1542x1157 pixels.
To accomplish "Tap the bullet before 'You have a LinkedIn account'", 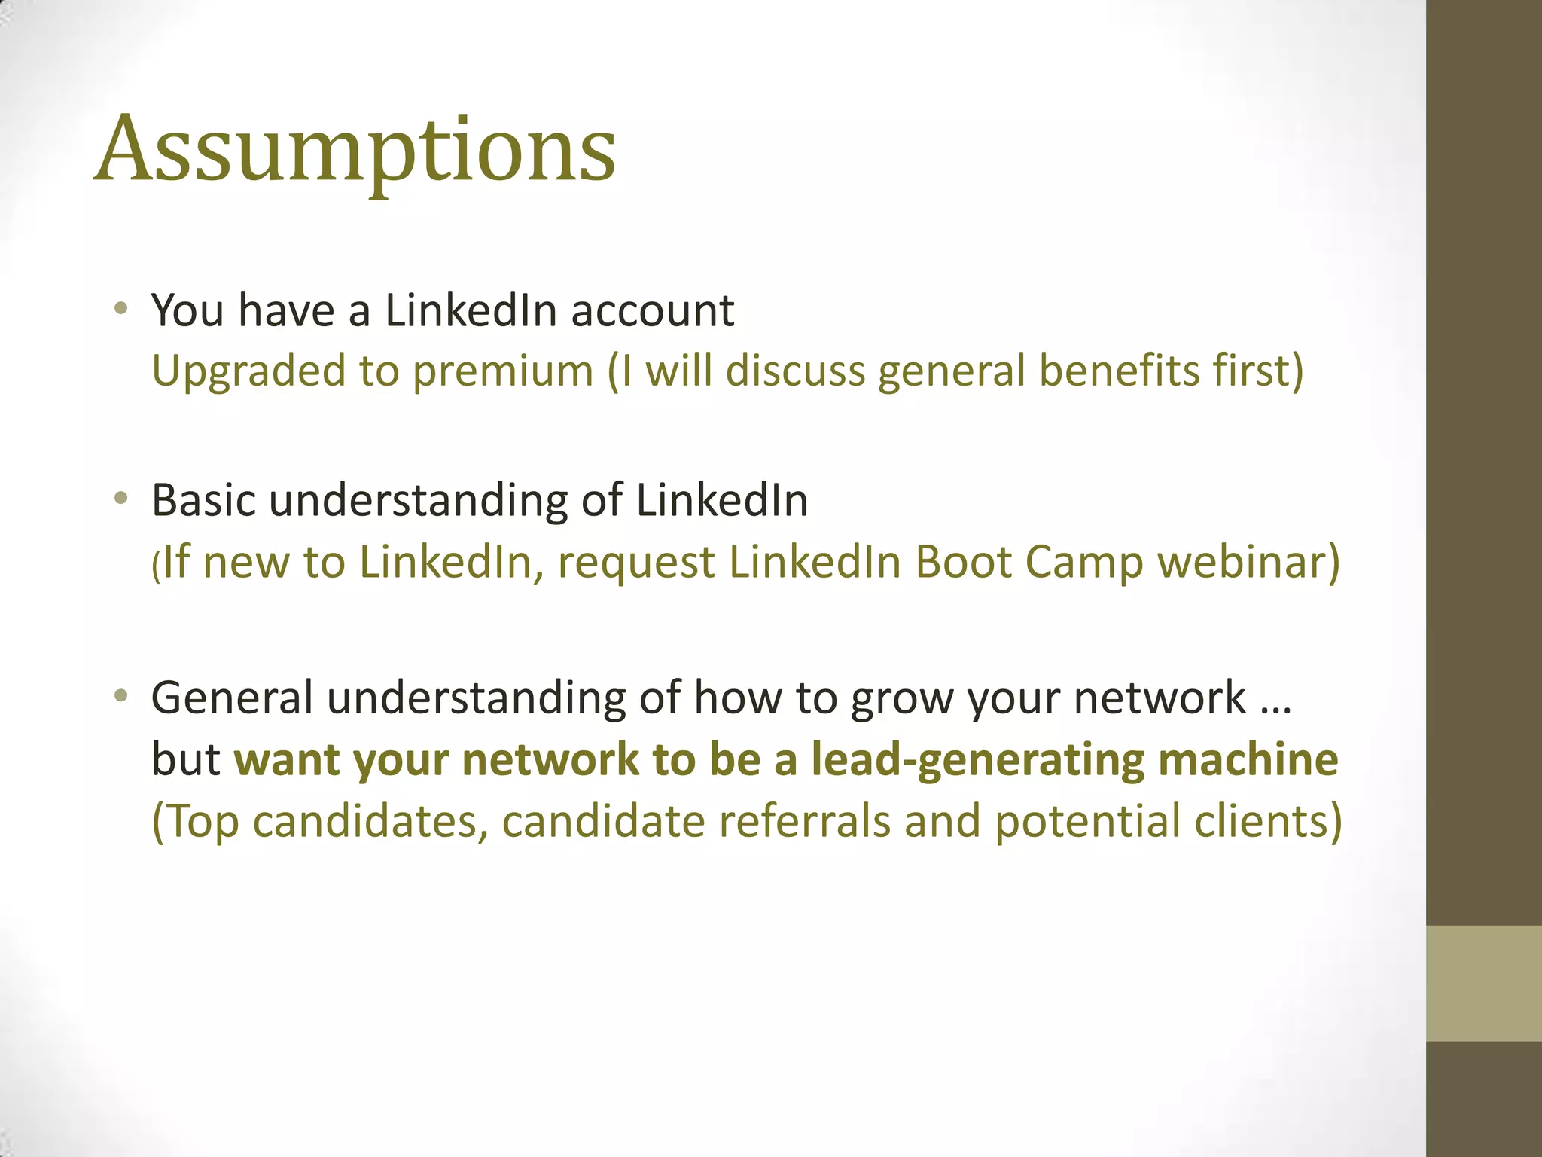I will point(120,308).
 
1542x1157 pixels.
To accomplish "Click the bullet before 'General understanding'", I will point(120,695).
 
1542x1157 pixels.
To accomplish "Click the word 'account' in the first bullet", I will point(652,311).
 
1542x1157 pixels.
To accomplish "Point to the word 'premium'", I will point(503,372).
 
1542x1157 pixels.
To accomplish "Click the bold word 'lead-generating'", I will point(977,761).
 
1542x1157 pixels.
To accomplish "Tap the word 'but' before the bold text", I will point(185,759).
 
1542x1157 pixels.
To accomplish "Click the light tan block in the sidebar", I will point(1483,983).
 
